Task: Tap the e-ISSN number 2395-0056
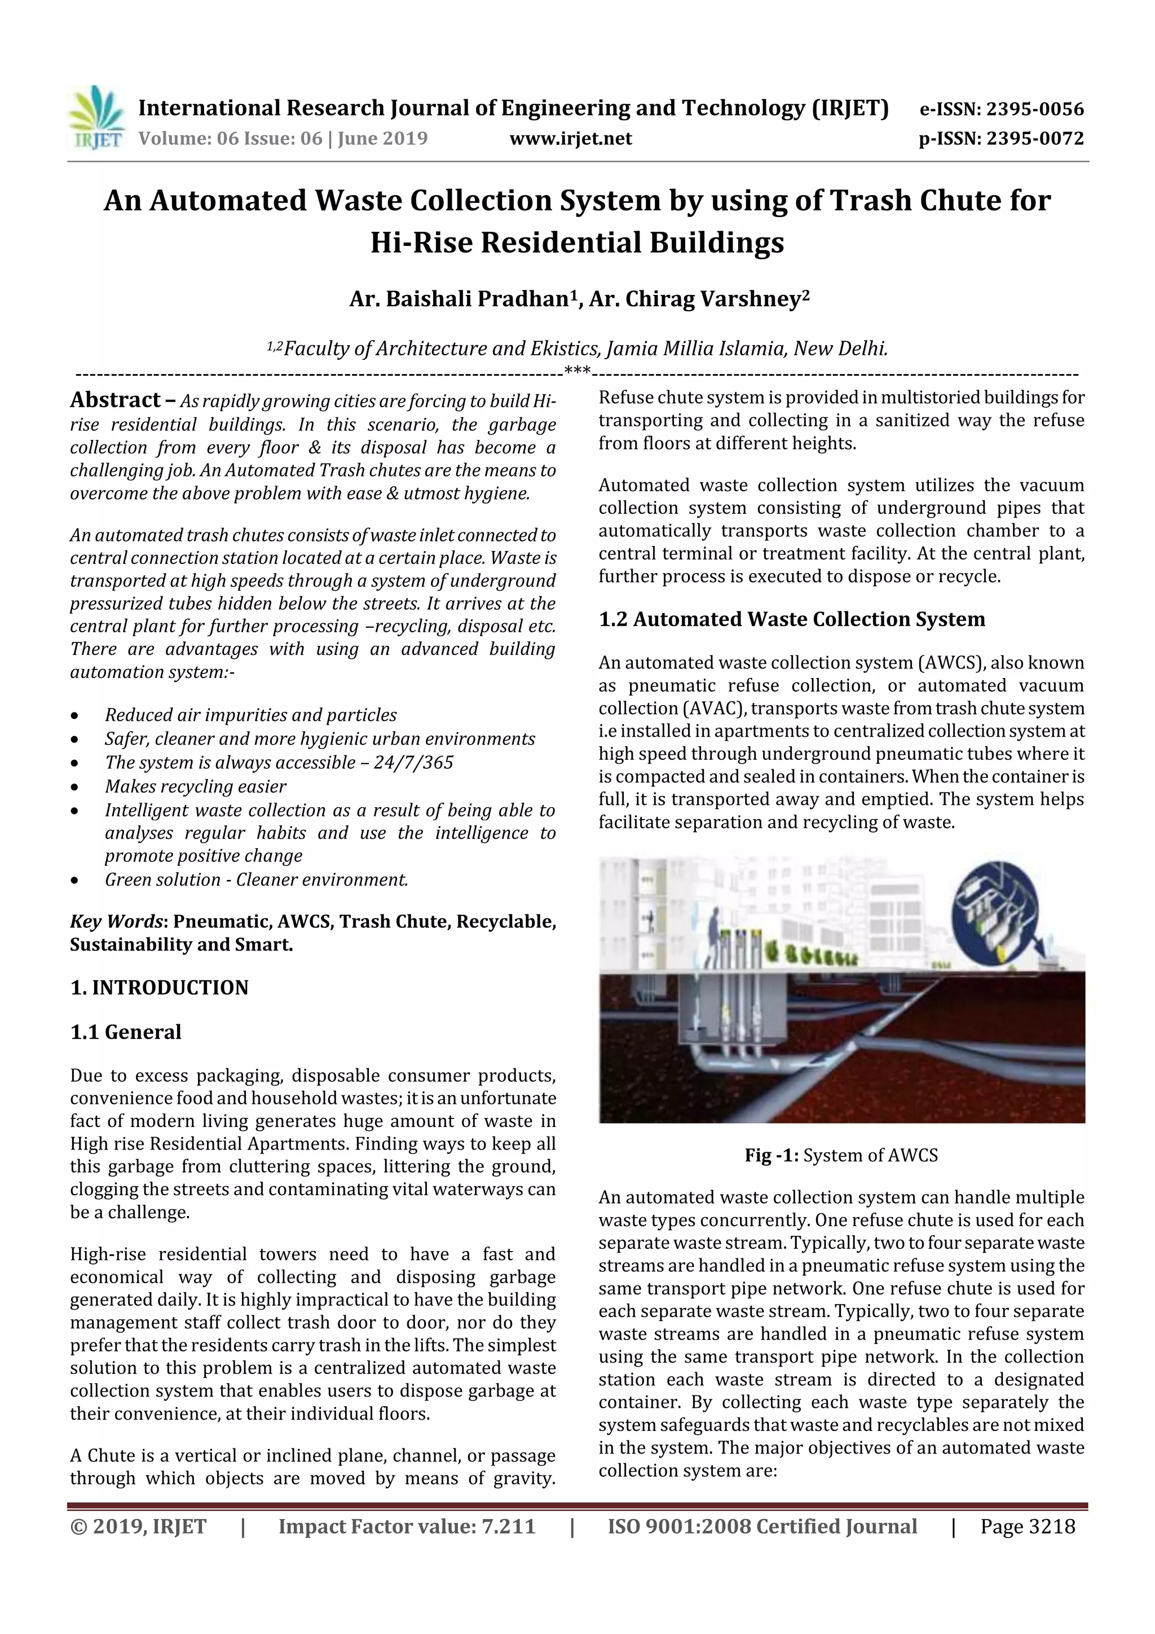(1035, 109)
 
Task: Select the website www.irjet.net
(571, 139)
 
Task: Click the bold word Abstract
(115, 400)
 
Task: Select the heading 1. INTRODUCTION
(160, 988)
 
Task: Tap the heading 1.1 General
(126, 1032)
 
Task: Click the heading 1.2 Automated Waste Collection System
(791, 619)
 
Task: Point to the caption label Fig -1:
(773, 1155)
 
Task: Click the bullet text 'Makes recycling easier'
(196, 786)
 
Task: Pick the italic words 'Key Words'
(117, 922)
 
